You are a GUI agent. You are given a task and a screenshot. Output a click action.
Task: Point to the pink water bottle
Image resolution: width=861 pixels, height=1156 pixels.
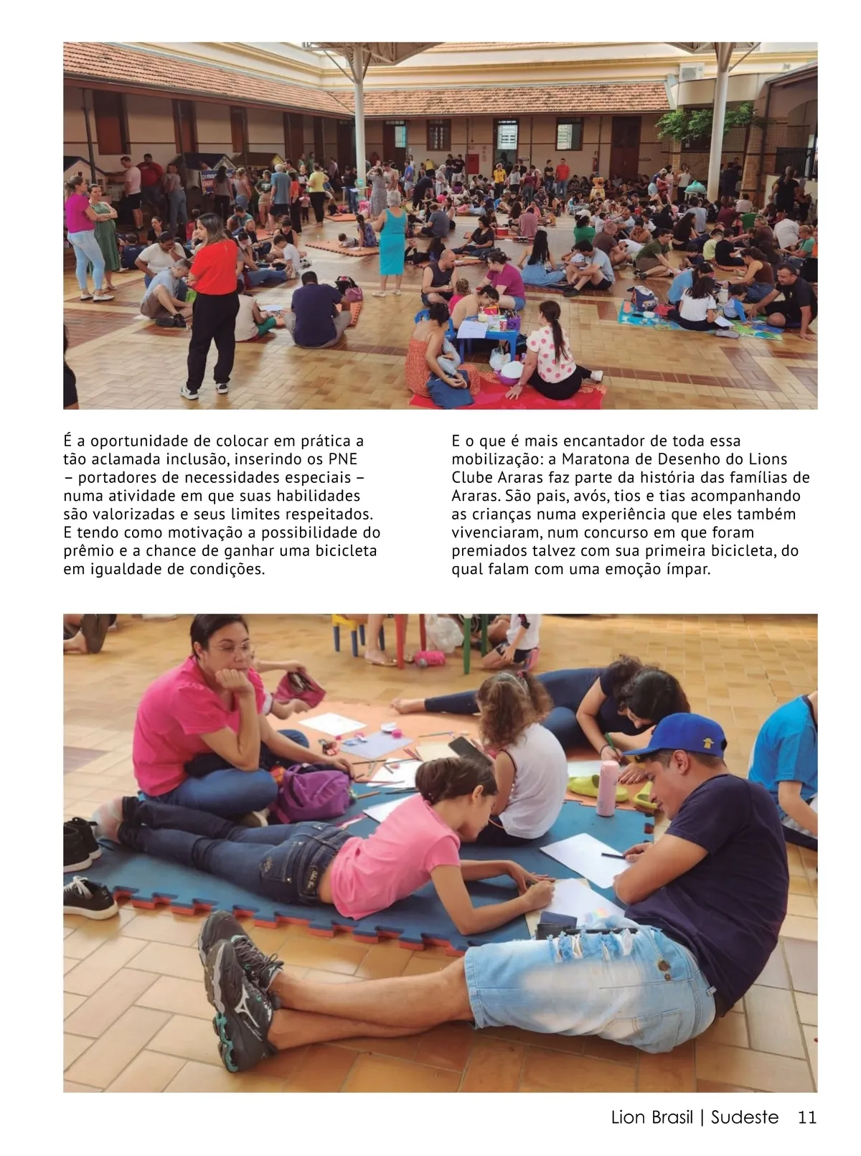coord(608,789)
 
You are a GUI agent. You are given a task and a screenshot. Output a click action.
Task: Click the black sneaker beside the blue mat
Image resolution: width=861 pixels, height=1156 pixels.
coord(89,896)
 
